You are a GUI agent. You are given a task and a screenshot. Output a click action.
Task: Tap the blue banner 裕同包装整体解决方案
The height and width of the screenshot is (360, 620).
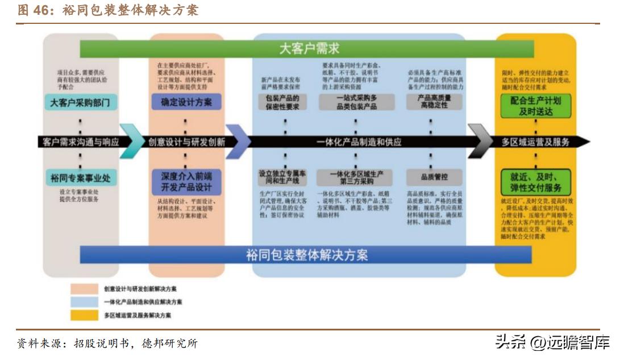point(307,254)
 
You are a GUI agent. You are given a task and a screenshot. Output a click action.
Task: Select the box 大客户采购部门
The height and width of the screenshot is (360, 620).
point(80,102)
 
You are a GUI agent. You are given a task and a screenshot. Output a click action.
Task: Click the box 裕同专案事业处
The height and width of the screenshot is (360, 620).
point(80,178)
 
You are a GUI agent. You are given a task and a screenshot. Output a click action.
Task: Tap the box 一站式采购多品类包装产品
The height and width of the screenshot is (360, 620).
point(356,102)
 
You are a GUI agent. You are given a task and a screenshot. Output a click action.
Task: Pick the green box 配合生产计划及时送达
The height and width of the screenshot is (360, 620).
point(535,105)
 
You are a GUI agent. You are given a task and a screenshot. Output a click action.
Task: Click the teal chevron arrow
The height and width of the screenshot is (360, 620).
point(132,141)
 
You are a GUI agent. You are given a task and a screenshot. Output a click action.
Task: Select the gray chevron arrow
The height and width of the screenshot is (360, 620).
point(480,141)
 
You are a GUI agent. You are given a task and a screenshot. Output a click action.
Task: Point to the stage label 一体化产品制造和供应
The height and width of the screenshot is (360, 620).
point(359,142)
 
